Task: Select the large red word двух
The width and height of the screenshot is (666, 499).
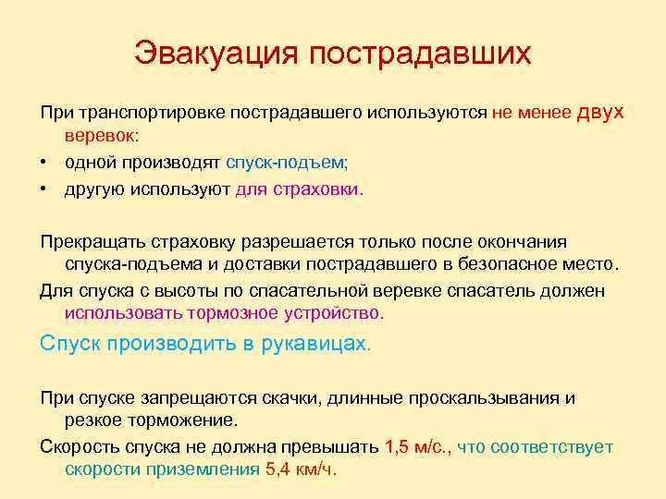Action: click(601, 112)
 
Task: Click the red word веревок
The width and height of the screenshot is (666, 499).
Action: click(100, 136)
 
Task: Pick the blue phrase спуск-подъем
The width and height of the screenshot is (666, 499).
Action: click(285, 163)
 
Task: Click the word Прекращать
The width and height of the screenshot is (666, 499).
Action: click(92, 242)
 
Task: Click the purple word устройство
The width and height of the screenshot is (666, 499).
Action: click(331, 313)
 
